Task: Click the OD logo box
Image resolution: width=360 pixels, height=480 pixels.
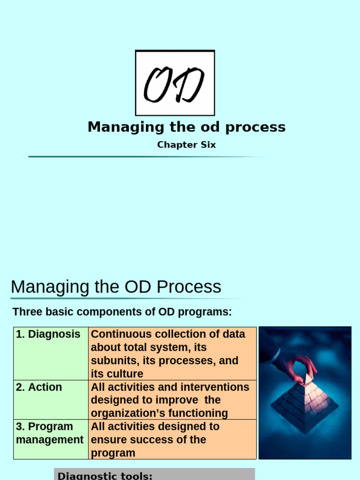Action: (175, 83)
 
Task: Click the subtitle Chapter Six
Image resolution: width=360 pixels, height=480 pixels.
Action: (187, 145)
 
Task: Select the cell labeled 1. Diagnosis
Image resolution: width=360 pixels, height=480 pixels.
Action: (48, 335)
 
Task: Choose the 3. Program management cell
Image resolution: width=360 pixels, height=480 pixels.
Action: (50, 433)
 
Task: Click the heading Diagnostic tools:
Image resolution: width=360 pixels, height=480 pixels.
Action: (105, 476)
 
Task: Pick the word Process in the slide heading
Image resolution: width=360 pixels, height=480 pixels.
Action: (195, 287)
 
